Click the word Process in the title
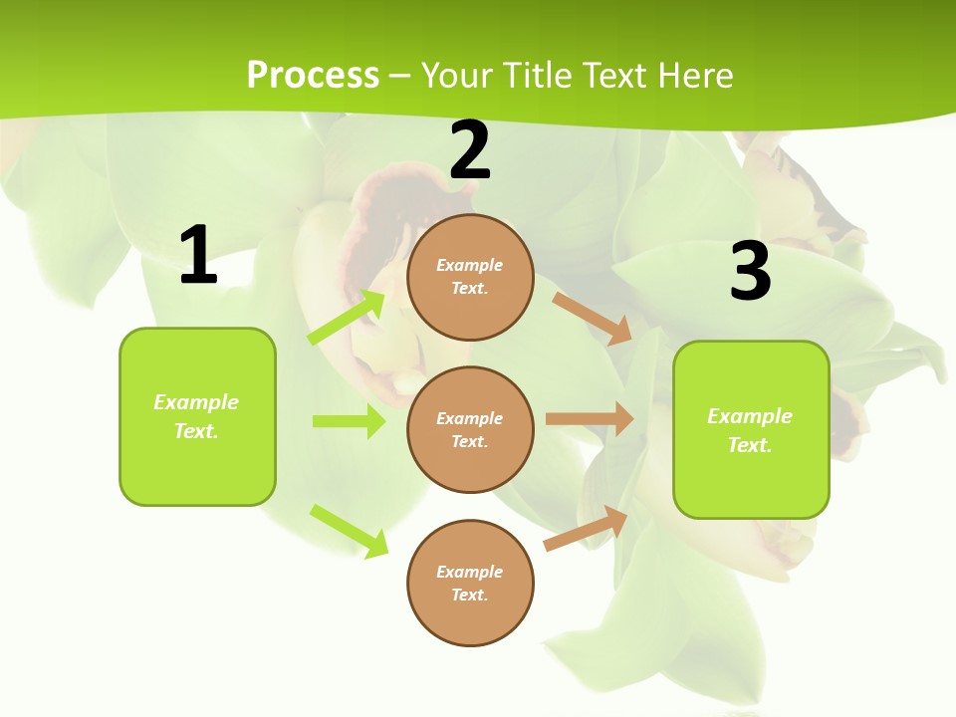pyautogui.click(x=313, y=76)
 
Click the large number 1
pyautogui.click(x=198, y=256)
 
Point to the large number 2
pyautogui.click(x=470, y=151)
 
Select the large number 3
pyautogui.click(x=750, y=272)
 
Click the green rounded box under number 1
pyautogui.click(x=197, y=416)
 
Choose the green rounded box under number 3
pyautogui.click(x=751, y=429)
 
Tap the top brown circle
pyautogui.click(x=470, y=277)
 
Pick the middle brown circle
pyautogui.click(x=470, y=429)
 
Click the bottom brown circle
pyautogui.click(x=470, y=583)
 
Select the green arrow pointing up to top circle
pyautogui.click(x=347, y=318)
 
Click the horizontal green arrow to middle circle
pyautogui.click(x=349, y=421)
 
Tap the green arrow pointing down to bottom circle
pyautogui.click(x=349, y=531)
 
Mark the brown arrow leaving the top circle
pyautogui.click(x=593, y=318)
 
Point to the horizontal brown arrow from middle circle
pyautogui.click(x=590, y=419)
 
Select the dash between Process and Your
pyautogui.click(x=400, y=76)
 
